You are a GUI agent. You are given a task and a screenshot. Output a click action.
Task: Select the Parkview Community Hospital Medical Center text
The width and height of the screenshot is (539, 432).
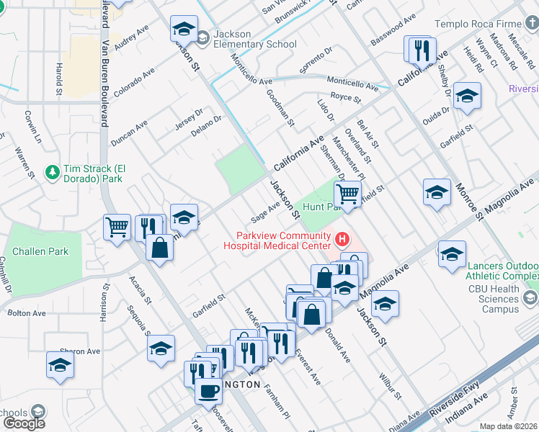(x=285, y=240)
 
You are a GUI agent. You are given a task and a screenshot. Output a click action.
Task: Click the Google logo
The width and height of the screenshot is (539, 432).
(x=23, y=423)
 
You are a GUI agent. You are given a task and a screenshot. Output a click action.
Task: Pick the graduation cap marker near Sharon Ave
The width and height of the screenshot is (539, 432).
(x=61, y=365)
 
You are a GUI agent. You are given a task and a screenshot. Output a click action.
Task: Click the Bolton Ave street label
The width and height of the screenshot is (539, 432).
(x=27, y=313)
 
